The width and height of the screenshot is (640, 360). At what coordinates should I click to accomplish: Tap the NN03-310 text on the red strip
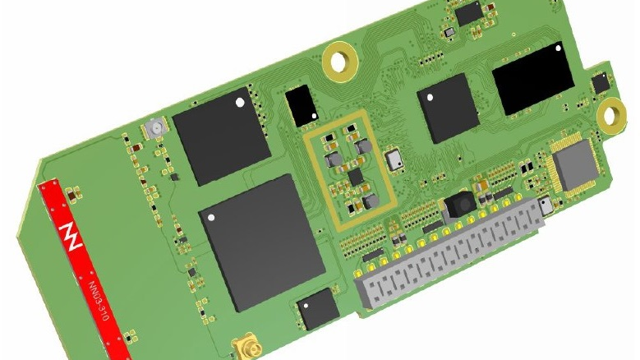point(98,291)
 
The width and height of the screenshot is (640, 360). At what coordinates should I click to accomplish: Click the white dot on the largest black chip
point(212,218)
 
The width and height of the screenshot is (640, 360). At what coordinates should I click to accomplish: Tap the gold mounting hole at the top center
point(338,58)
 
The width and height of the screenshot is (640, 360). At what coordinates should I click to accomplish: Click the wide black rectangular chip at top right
point(532,79)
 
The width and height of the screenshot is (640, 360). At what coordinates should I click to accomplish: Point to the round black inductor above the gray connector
point(461,203)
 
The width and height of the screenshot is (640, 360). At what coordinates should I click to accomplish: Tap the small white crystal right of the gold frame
point(395,159)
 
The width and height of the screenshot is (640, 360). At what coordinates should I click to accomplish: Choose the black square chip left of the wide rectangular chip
point(448,108)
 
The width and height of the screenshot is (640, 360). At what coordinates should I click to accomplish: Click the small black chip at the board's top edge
point(468,12)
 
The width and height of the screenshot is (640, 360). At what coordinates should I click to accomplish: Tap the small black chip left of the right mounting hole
point(601,82)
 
